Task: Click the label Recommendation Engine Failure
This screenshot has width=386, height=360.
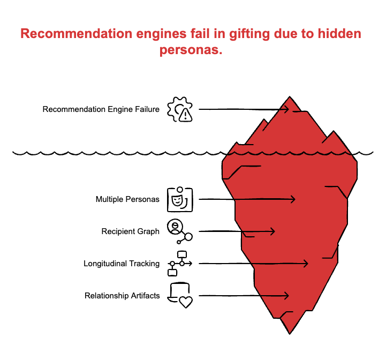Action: point(101,109)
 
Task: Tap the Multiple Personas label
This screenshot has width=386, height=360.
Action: point(127,199)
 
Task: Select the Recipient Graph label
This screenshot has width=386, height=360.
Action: point(130,231)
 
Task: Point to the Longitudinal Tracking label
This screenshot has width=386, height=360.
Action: point(121,264)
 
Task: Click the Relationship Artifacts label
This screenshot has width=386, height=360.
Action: point(122,296)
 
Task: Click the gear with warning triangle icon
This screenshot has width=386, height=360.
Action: point(180,109)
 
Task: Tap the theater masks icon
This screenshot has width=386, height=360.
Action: point(180,199)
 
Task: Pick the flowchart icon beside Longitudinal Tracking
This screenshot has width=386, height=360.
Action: point(180,263)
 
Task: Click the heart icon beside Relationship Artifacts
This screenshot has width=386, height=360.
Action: point(185,302)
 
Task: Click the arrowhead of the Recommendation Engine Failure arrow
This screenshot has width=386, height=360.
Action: point(287,109)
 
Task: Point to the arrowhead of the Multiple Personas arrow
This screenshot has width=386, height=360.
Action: point(293,199)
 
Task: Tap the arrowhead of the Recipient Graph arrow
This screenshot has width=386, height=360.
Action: point(273,231)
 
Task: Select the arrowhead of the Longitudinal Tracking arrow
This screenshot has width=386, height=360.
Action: point(306,264)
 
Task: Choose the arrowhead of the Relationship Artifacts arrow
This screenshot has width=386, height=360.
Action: point(287,296)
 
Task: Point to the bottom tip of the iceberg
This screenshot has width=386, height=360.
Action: point(290,333)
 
